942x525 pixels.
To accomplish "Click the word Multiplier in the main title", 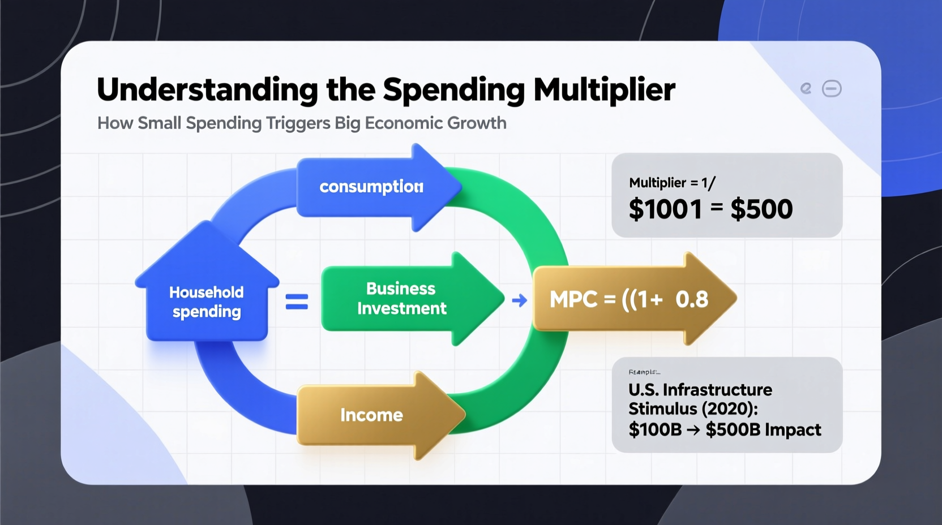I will [604, 89].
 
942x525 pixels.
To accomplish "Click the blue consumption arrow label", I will [371, 187].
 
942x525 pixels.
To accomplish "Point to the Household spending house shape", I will [207, 294].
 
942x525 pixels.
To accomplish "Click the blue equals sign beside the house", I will [297, 302].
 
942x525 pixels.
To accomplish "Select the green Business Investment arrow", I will [401, 299].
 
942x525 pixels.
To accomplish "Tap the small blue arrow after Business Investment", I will [519, 300].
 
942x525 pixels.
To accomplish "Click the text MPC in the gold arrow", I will [573, 299].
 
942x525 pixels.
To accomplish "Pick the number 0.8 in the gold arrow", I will [692, 299].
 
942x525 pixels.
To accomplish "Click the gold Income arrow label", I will [371, 415].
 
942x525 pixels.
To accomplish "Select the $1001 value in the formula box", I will [665, 209].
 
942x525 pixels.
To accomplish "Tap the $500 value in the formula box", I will [761, 209].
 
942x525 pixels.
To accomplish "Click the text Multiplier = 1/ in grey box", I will [672, 183].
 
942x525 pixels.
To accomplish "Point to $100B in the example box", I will [655, 430].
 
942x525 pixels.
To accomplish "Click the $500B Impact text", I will [763, 430].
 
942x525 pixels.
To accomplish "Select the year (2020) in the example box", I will [729, 409].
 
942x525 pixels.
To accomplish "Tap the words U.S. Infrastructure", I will [700, 390].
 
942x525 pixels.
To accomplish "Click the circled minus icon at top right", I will [832, 89].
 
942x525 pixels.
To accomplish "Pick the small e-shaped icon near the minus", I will [806, 88].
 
